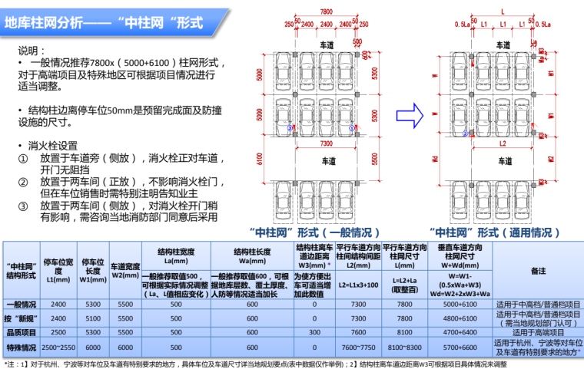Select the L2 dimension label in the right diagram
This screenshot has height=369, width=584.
tap(501, 143)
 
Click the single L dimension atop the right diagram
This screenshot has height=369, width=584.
tap(501, 12)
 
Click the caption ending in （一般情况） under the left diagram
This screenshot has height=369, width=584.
tap(315, 231)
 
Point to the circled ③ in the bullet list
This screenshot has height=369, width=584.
tap(23, 206)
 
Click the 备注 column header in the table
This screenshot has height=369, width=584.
tap(537, 271)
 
